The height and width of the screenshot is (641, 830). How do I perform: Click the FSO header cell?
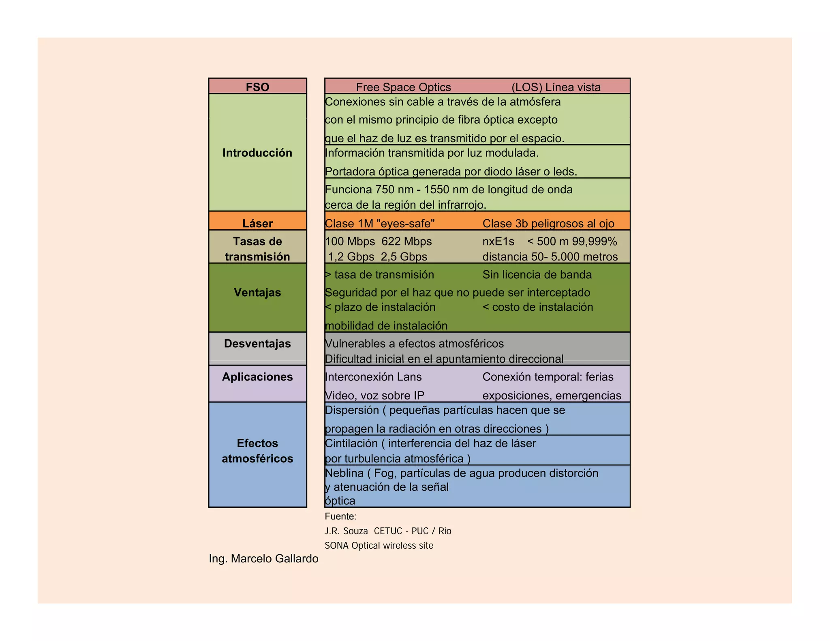[x=257, y=87]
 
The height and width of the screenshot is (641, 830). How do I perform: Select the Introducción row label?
[x=257, y=153]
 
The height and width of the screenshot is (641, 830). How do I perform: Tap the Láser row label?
[x=257, y=223]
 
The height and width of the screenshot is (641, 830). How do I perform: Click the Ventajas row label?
[x=257, y=292]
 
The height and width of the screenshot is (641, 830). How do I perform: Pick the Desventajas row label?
[x=257, y=344]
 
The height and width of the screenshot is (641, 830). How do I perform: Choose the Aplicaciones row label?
[x=257, y=377]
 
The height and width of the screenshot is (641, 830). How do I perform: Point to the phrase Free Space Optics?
[x=403, y=87]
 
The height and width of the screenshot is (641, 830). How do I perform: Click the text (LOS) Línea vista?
[x=556, y=87]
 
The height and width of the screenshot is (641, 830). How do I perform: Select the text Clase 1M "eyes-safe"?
[x=380, y=223]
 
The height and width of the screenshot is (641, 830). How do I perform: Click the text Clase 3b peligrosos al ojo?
[x=548, y=223]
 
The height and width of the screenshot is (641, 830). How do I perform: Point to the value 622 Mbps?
[x=406, y=241]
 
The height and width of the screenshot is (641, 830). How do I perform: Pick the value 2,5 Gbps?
[x=404, y=256]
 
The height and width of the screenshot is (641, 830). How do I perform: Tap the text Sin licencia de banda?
[x=537, y=275]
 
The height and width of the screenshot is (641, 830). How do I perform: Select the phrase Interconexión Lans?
[x=373, y=377]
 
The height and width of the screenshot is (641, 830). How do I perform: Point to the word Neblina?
[x=344, y=473]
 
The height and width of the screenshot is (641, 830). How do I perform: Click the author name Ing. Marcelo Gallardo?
[x=263, y=559]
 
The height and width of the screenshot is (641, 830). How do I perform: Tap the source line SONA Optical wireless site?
[x=379, y=545]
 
